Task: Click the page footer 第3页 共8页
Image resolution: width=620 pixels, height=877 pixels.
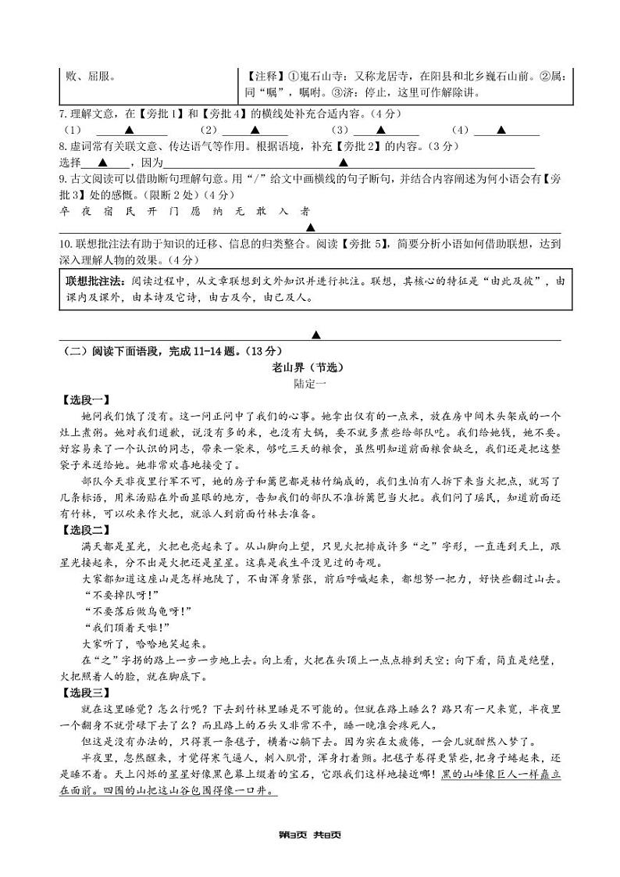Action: click(309, 834)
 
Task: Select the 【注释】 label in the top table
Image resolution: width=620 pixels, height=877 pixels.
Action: click(266, 77)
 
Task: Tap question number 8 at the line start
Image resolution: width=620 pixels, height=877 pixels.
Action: click(63, 146)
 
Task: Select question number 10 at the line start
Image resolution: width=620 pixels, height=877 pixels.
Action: click(66, 243)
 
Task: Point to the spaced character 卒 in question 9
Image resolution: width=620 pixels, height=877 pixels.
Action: click(64, 211)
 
